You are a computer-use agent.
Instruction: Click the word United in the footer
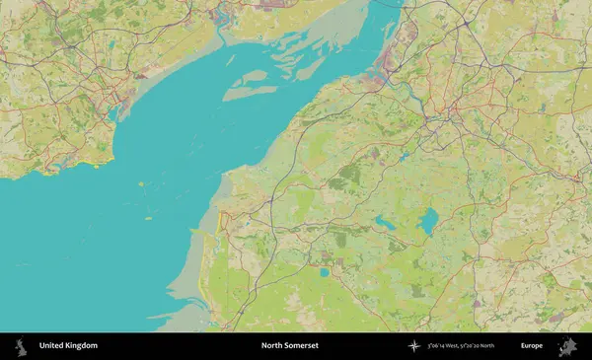[x=53, y=346]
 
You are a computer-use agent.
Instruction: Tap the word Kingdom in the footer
[x=83, y=346]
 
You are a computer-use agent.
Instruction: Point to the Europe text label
[x=532, y=346]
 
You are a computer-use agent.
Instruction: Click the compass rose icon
[x=413, y=346]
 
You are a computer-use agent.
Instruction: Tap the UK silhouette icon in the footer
[x=19, y=346]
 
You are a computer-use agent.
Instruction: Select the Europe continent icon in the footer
[x=567, y=346]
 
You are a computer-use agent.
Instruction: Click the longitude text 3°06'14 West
[x=444, y=346]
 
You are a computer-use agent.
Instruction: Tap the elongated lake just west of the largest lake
[x=385, y=224]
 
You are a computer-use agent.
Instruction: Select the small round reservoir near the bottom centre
[x=323, y=272]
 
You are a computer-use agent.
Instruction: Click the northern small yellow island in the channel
[x=141, y=184]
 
